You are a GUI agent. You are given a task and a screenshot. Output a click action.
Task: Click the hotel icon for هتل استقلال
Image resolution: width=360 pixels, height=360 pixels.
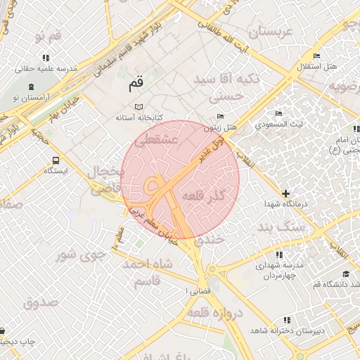click(316, 56)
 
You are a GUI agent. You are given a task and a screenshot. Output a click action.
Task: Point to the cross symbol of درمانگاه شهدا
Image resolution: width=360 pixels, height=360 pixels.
click(285, 193)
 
